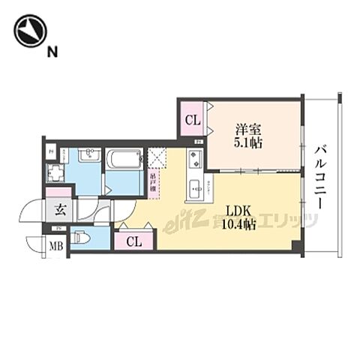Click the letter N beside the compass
point(52,52)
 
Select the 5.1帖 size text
point(247,142)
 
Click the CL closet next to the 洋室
point(193,118)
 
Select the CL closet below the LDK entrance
point(133,241)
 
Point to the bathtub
point(124,160)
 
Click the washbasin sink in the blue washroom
point(89,157)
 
